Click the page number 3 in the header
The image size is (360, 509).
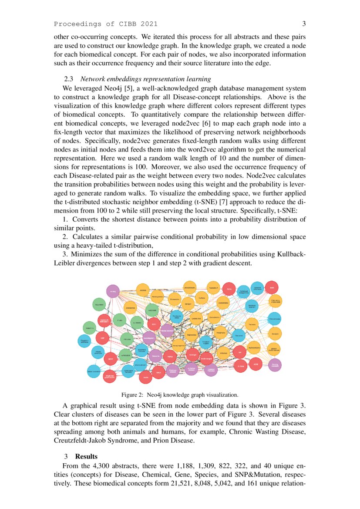pyautogui.click(x=304, y=24)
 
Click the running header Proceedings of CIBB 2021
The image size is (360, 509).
pyautogui.click(x=106, y=24)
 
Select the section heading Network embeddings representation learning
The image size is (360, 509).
pyautogui.click(x=145, y=79)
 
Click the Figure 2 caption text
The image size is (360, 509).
pyautogui.click(x=180, y=395)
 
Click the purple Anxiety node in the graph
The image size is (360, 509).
pyautogui.click(x=113, y=291)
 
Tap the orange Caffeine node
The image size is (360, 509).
pyautogui.click(x=202, y=298)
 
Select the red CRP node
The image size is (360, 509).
pyautogui.click(x=103, y=338)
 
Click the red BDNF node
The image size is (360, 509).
pyautogui.click(x=111, y=358)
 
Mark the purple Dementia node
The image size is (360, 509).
pyautogui.click(x=155, y=356)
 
